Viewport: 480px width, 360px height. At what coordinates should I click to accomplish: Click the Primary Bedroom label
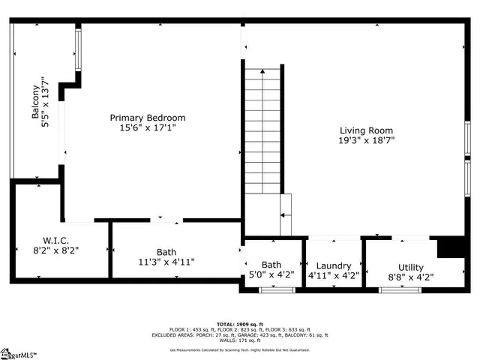point(148,118)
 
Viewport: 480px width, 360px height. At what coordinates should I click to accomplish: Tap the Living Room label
point(366,130)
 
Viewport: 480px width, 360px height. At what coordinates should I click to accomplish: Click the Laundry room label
point(334,265)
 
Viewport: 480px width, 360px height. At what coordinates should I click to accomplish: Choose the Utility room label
point(410,267)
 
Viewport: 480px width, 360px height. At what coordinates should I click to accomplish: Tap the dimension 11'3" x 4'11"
point(167,262)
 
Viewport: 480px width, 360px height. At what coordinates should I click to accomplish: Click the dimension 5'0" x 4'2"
point(271,275)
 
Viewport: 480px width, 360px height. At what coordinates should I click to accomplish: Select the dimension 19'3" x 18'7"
point(366,139)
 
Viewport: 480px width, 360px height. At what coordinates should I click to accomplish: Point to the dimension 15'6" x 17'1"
point(148,128)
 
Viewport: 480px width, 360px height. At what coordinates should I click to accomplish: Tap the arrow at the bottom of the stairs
point(283,214)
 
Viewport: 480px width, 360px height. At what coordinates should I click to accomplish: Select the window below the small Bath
point(271,289)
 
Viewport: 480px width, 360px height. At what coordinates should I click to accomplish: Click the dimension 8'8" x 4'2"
point(410,277)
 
